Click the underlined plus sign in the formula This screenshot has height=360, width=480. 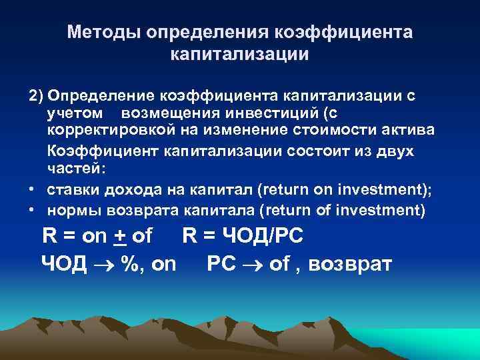(x=120, y=236)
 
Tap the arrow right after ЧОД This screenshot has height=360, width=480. (x=105, y=265)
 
